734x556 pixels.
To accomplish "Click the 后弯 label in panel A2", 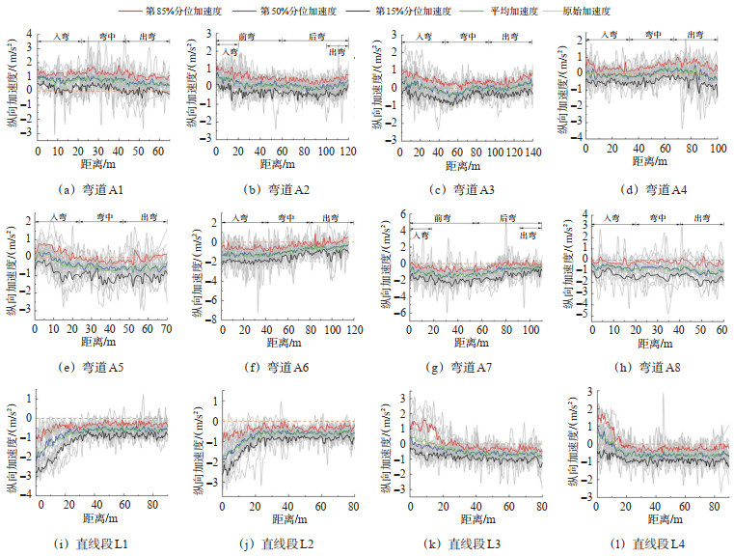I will click(x=316, y=36).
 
